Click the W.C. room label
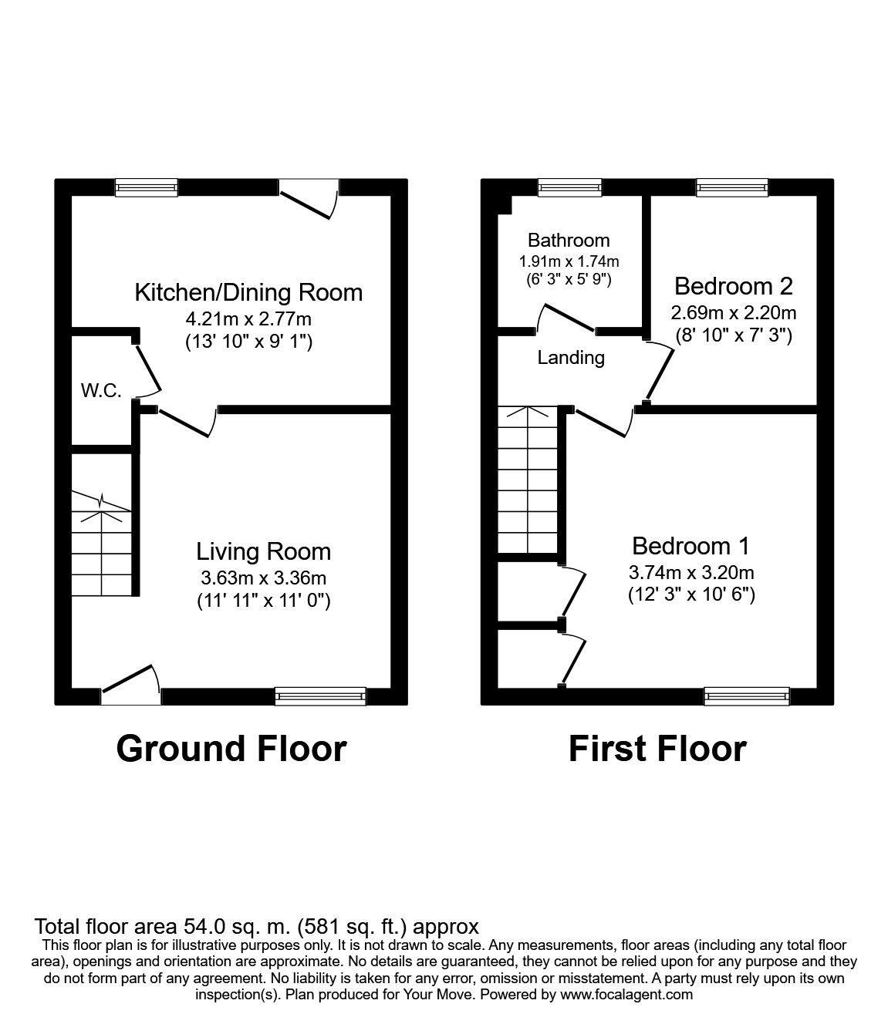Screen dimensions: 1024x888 (102, 390)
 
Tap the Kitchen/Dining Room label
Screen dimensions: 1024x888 (248, 292)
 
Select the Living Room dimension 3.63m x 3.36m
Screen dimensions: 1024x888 (264, 578)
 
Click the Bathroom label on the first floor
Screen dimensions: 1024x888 (569, 241)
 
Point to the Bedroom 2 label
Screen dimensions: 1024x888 (733, 286)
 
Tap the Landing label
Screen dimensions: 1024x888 (571, 358)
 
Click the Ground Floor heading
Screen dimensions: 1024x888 (231, 749)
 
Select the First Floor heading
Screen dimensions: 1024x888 (657, 749)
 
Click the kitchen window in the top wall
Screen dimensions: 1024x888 (147, 187)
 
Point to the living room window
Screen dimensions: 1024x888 (320, 696)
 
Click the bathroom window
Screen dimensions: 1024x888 (569, 187)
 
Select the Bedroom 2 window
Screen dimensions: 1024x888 (731, 187)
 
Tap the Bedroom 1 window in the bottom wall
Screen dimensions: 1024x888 (747, 696)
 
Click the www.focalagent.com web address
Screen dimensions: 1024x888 (626, 995)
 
